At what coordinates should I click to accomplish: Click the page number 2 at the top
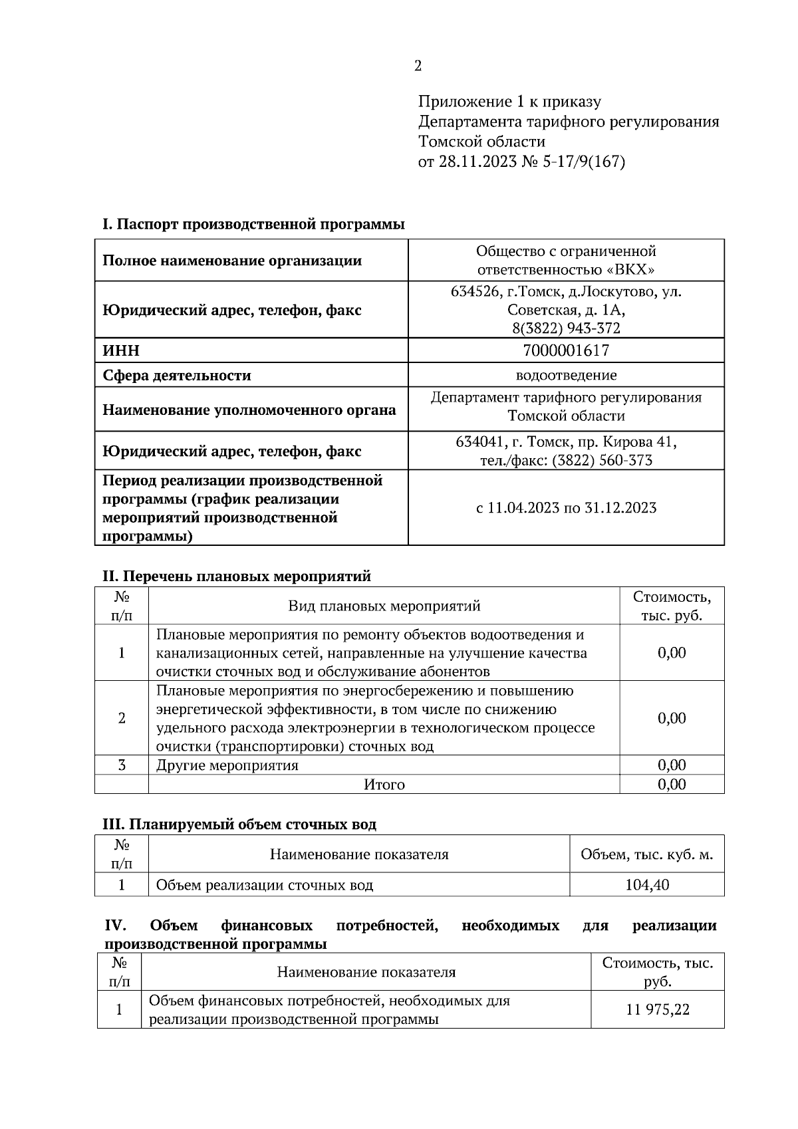(418, 66)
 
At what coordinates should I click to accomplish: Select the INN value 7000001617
(566, 350)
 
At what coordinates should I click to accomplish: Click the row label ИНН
(121, 350)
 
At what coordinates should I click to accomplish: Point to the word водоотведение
(566, 375)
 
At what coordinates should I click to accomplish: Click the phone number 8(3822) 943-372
(566, 328)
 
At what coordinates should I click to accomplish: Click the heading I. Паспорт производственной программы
(253, 224)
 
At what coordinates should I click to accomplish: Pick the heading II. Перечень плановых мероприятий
(236, 576)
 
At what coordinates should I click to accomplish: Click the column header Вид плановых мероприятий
(384, 606)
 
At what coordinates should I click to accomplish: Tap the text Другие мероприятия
(227, 765)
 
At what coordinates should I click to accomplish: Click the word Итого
(384, 785)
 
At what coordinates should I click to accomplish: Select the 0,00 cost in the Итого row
(672, 785)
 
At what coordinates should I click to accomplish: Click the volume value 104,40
(647, 885)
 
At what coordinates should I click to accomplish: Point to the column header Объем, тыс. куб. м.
(647, 854)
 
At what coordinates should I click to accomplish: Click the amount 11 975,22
(658, 1009)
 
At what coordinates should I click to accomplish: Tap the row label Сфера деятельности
(177, 375)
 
